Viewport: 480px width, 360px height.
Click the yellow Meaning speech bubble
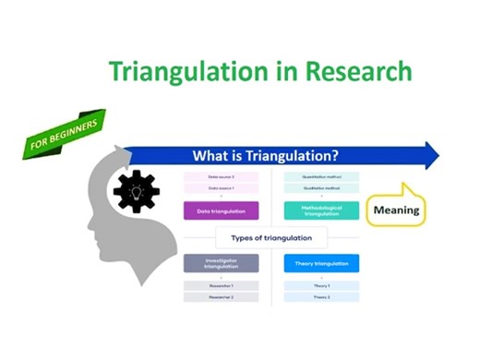point(395,210)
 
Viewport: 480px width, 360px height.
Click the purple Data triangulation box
point(221,210)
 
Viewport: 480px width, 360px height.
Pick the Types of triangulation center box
point(270,237)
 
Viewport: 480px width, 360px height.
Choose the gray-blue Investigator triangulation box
point(221,264)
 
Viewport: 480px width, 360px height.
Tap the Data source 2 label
point(221,176)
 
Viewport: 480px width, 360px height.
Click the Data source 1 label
point(221,188)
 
